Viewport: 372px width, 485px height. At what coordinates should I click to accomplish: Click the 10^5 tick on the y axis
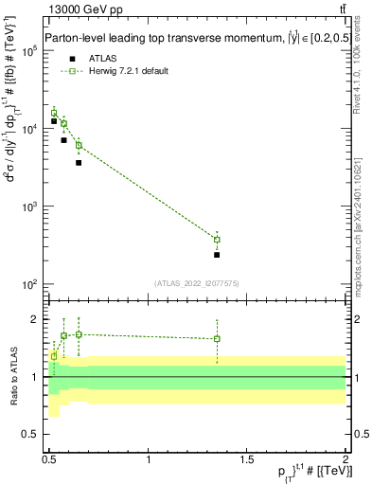[30, 51]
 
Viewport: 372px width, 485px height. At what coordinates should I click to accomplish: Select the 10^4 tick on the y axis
[30, 129]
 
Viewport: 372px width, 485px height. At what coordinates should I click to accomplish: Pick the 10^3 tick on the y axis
[30, 207]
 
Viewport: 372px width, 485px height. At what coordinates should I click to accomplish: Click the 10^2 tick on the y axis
[30, 284]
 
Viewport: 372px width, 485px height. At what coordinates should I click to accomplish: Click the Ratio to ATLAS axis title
[12, 377]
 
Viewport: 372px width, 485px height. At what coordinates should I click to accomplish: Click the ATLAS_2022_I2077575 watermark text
[197, 282]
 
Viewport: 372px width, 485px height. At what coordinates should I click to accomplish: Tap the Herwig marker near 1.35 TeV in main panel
[217, 240]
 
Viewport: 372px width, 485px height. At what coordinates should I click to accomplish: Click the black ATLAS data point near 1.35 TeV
[217, 255]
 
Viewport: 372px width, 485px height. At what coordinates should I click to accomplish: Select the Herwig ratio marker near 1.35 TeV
[217, 339]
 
